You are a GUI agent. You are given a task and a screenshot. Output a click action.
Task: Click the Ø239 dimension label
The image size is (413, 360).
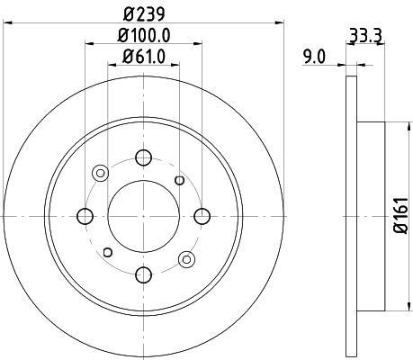click(144, 14)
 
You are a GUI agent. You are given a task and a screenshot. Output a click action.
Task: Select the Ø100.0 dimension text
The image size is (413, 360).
click(144, 36)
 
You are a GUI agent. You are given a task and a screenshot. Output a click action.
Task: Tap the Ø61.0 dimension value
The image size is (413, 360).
click(144, 57)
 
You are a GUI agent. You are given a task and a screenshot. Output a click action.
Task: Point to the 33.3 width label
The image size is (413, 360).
click(365, 36)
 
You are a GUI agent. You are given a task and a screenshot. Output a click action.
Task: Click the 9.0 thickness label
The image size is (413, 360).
click(314, 57)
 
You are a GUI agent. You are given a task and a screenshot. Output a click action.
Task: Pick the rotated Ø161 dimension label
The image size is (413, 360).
click(400, 215)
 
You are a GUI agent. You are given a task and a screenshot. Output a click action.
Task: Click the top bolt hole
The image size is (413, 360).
click(144, 157)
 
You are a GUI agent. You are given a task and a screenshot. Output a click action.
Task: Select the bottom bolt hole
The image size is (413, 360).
click(144, 274)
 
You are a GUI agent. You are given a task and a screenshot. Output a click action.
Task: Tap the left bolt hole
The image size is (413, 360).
click(85, 216)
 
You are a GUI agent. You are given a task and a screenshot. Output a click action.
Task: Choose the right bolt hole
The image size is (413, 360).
click(202, 216)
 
